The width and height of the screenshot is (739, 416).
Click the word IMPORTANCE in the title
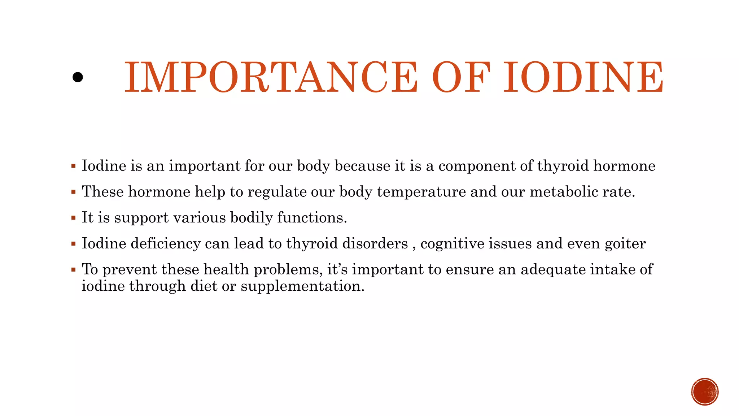coord(271,77)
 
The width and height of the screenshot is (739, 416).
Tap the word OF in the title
coord(461,77)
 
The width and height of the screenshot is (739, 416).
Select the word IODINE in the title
coord(583,77)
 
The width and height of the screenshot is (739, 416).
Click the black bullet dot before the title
coord(78,77)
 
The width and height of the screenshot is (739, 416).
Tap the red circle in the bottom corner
coord(705,392)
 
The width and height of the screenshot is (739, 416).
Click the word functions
coord(312,218)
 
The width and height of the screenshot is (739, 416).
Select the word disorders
coord(375,243)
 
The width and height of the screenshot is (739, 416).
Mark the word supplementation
coord(302,286)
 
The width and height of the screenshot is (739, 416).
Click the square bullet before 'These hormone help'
coord(74,192)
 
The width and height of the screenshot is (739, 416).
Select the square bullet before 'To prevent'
coord(74,270)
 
